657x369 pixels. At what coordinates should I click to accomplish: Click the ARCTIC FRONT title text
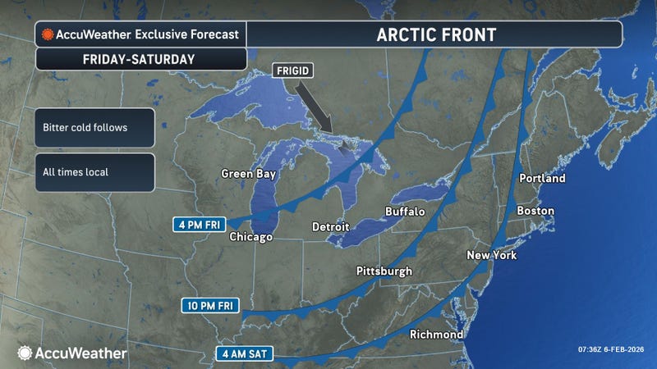tap(436, 34)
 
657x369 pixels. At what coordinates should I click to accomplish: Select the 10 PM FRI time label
tap(210, 306)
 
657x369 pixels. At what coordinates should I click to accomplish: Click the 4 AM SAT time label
tap(242, 355)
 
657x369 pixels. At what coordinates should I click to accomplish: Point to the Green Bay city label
tap(249, 174)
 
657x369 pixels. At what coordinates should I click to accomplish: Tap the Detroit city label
tap(331, 226)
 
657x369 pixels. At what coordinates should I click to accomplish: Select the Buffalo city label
tap(405, 212)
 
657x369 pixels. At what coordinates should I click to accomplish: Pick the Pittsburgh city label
tap(384, 271)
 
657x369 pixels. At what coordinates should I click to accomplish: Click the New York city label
tap(491, 255)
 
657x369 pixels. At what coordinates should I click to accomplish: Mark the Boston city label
tap(535, 211)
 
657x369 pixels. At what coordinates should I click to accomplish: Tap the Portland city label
tap(543, 178)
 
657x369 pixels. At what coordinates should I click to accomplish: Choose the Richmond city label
tap(436, 335)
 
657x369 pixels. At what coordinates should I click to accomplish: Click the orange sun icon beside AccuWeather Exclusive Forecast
tap(48, 34)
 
